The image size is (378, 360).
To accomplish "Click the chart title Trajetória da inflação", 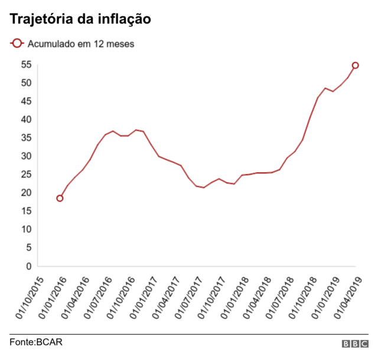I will click(x=80, y=19).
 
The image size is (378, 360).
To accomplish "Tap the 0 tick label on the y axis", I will click(x=27, y=266).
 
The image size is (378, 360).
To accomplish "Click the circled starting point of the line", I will click(x=60, y=198).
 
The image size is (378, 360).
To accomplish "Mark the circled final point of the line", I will click(x=356, y=66).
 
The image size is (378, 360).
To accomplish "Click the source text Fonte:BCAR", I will click(x=36, y=342).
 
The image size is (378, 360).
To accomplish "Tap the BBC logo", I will click(x=354, y=343).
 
